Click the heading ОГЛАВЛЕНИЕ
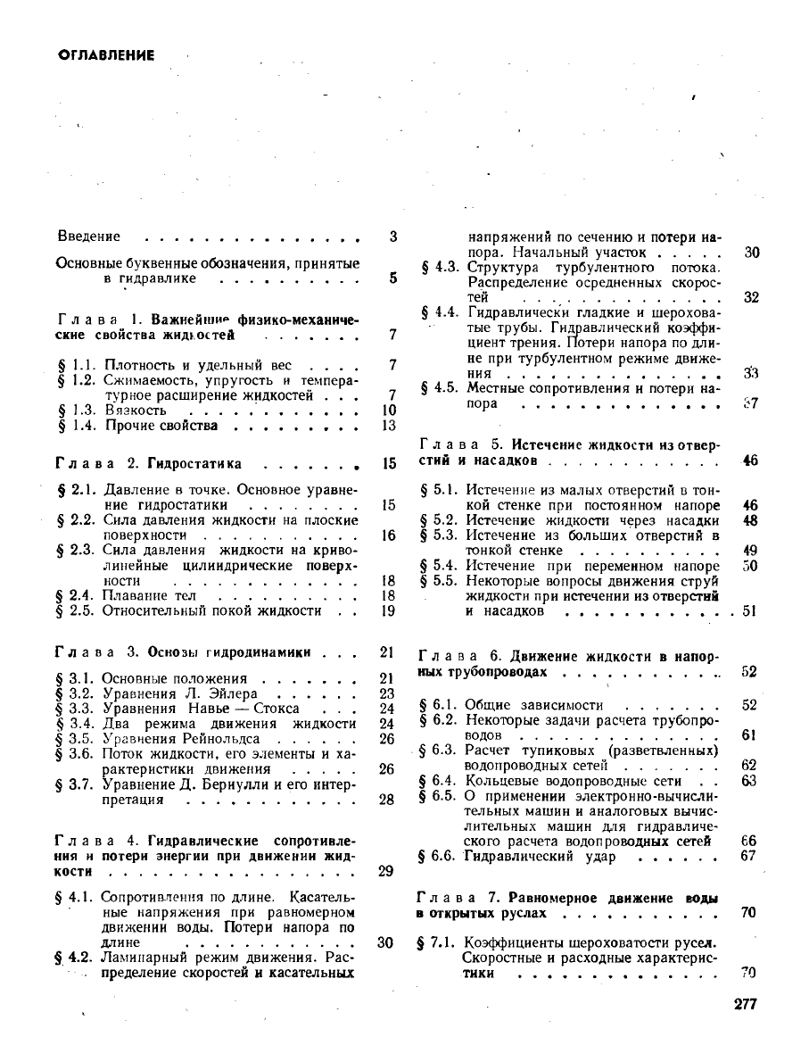(106, 55)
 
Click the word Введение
(88, 237)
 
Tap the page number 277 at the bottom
(745, 1004)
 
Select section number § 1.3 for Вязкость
(76, 411)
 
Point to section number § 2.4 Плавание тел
(76, 595)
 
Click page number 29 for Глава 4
(386, 871)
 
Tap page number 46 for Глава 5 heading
(749, 460)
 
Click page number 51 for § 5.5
(749, 611)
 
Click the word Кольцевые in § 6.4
(505, 781)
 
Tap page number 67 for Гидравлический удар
(748, 856)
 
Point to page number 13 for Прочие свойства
(387, 426)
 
